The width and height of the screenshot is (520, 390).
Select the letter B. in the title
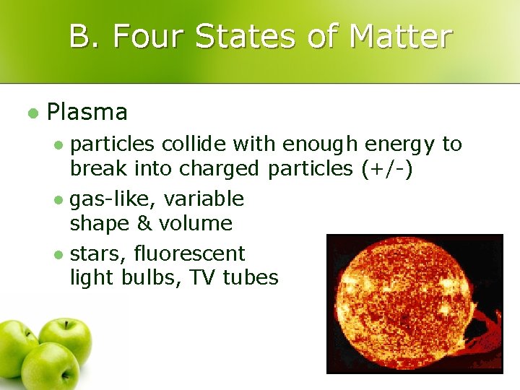click(x=86, y=36)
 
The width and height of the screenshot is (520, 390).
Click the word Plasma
click(x=87, y=113)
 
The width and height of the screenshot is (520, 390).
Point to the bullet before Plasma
click(x=31, y=113)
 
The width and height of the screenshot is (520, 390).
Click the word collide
click(x=194, y=144)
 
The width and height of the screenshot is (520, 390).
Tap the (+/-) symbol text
click(x=386, y=168)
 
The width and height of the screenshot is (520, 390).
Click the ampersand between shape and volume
click(x=144, y=223)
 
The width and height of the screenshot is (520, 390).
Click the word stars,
click(x=96, y=253)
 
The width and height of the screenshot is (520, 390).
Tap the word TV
click(x=203, y=277)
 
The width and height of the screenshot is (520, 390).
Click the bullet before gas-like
click(x=60, y=199)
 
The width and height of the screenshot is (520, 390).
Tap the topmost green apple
click(x=66, y=338)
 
